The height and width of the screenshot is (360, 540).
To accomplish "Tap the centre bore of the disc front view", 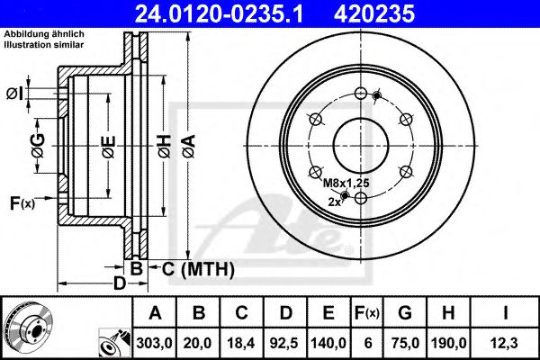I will (359, 143).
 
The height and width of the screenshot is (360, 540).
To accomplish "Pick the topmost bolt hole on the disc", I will (359, 94).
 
